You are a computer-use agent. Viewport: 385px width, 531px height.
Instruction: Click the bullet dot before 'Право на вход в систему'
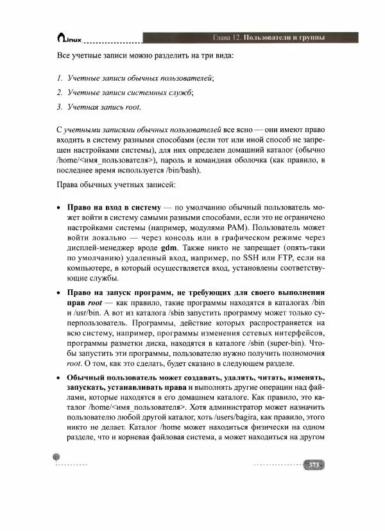point(59,209)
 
